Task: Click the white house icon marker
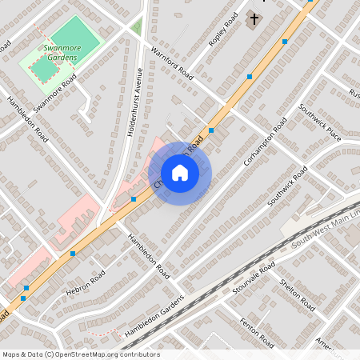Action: [180, 173]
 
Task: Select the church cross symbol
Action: [254, 18]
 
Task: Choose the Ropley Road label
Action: [224, 30]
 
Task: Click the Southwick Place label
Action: [319, 122]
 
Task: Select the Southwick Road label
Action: [287, 186]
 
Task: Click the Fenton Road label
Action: [256, 331]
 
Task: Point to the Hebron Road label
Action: [86, 283]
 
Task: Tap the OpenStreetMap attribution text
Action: [80, 354]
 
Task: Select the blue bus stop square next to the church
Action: [285, 42]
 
